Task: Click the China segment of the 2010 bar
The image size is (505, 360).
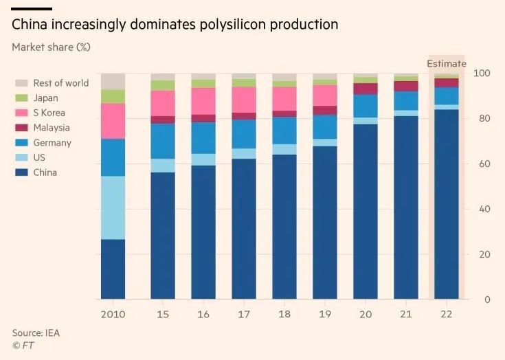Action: (x=113, y=269)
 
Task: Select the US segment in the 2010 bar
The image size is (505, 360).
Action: (x=113, y=207)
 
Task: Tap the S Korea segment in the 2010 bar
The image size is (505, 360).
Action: (x=113, y=121)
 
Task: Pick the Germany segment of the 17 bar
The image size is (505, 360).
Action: (x=244, y=134)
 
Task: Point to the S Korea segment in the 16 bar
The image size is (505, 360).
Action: (x=203, y=101)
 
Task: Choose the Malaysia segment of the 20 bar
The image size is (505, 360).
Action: (x=366, y=89)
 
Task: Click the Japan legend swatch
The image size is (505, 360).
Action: (x=21, y=98)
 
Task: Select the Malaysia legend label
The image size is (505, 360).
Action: (x=52, y=128)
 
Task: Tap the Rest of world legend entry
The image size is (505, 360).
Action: (x=60, y=83)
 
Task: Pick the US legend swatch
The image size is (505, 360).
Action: (x=21, y=158)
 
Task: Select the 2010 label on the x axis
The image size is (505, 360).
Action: (x=113, y=315)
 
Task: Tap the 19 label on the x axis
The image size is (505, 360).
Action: (x=325, y=315)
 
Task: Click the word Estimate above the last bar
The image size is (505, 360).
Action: (x=447, y=64)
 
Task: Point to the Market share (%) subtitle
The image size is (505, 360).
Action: (x=51, y=47)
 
